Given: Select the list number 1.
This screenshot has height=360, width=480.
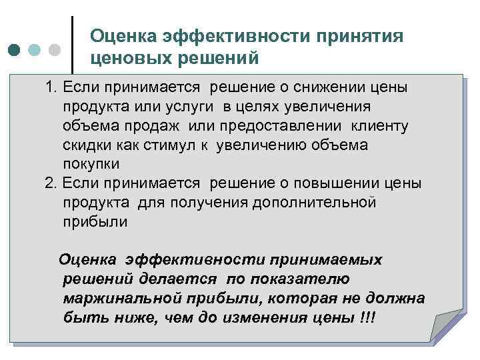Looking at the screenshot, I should tap(51, 89).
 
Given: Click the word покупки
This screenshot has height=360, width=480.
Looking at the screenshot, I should tap(91, 164).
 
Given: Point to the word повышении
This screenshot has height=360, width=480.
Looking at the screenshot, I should tap(347, 184).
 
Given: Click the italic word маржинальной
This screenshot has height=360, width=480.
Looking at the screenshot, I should tap(126, 298).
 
